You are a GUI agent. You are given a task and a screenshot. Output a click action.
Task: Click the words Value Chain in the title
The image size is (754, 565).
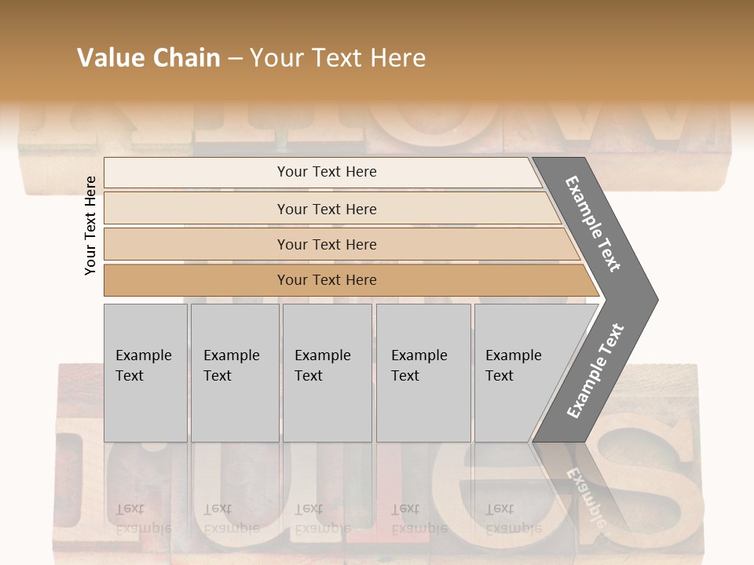pyautogui.click(x=148, y=58)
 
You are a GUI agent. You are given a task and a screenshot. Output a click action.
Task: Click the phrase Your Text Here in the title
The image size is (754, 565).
pyautogui.click(x=338, y=58)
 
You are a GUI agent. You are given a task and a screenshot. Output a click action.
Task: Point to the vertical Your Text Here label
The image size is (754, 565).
pyautogui.click(x=90, y=225)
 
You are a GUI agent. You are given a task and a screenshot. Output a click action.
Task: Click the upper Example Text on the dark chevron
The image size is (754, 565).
pyautogui.click(x=593, y=224)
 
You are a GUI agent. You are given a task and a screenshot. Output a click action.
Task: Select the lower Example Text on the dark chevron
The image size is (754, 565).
pyautogui.click(x=595, y=371)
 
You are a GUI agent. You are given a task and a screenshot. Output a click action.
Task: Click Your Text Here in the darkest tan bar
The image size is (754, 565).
pyautogui.click(x=327, y=280)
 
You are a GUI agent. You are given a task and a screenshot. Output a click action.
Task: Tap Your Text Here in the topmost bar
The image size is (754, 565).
pyautogui.click(x=327, y=172)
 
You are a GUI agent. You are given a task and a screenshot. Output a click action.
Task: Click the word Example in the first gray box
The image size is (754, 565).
pyautogui.click(x=143, y=355)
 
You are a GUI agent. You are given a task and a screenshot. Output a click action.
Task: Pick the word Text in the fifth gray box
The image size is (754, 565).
pyautogui.click(x=500, y=376)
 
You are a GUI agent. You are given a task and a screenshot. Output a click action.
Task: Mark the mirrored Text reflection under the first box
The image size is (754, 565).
pyautogui.click(x=130, y=508)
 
